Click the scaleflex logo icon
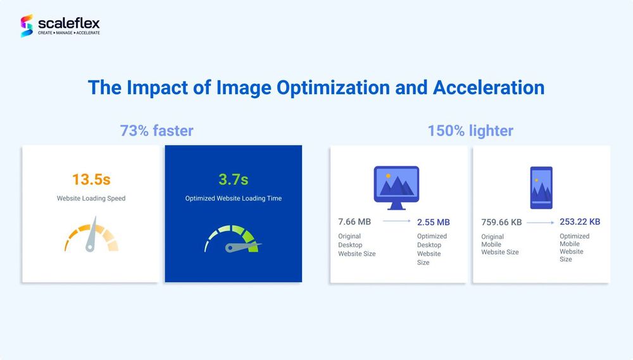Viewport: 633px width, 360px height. (27, 26)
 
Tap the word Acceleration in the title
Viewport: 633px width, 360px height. (489, 87)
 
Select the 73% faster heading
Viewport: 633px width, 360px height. (156, 131)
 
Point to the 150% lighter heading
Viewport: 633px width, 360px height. (470, 131)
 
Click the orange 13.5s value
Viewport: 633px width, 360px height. (91, 179)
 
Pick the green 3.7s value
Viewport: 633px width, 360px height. (234, 179)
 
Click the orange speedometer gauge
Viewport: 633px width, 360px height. (91, 235)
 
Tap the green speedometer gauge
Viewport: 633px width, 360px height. (233, 239)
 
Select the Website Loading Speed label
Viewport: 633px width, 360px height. (91, 198)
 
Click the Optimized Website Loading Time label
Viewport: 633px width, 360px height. (234, 198)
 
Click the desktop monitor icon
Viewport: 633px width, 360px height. (396, 188)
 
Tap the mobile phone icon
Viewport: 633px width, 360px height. (541, 188)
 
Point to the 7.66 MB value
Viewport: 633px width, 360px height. (354, 221)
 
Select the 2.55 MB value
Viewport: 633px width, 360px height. (433, 222)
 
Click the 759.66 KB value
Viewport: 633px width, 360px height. (501, 222)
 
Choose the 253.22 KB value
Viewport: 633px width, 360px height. (580, 221)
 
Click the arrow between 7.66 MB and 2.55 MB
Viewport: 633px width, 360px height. (396, 221)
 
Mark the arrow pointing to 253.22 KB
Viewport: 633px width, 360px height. (541, 222)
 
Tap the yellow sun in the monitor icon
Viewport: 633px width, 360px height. (388, 176)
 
